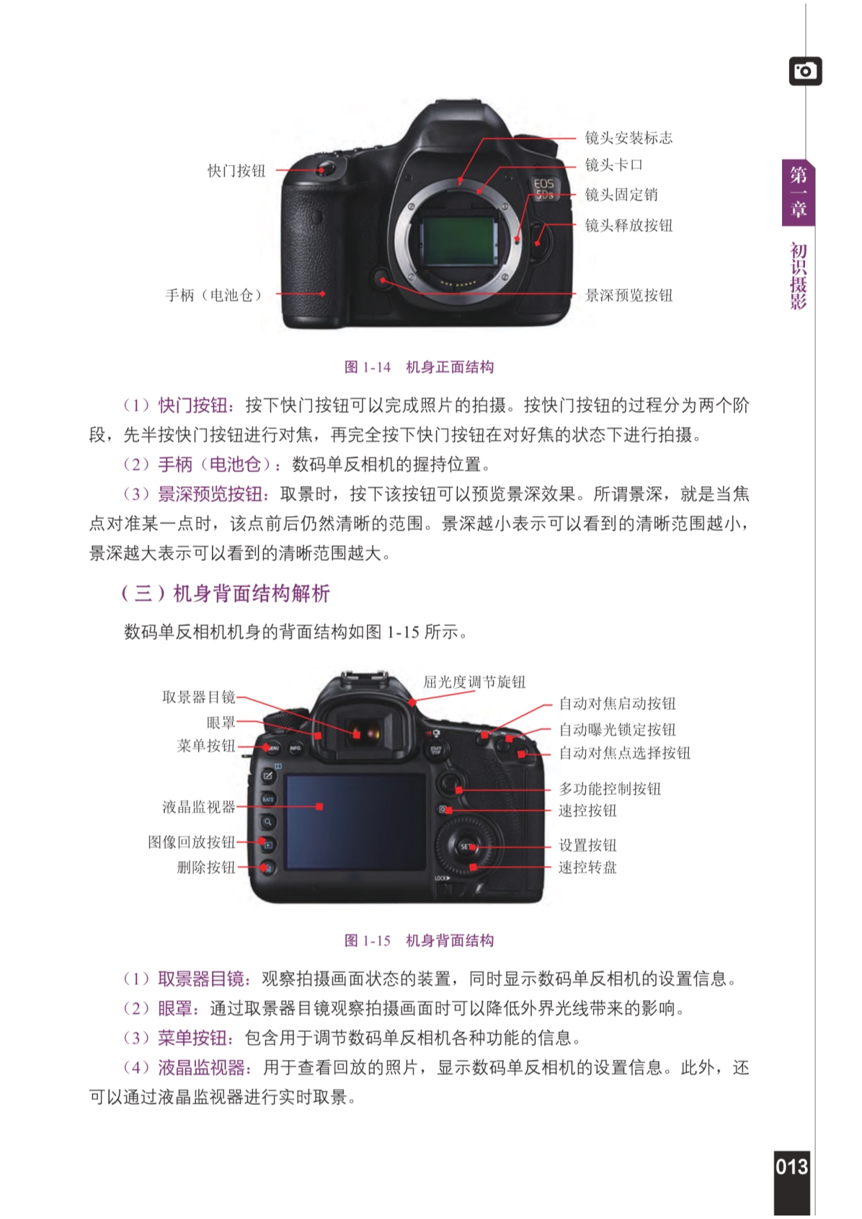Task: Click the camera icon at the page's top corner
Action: point(805,71)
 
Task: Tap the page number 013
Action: point(792,1166)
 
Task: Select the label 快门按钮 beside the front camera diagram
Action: point(236,171)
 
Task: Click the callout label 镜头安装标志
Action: point(628,138)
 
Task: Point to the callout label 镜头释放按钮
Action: point(628,225)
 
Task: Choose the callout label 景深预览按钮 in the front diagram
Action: point(628,295)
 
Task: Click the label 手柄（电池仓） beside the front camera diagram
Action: point(214,295)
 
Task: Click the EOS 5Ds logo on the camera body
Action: point(544,188)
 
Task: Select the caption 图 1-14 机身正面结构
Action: point(419,367)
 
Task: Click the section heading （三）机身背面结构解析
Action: point(225,593)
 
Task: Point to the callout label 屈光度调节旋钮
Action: point(475,682)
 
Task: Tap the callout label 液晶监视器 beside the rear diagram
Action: point(199,807)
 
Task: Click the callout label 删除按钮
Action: point(206,867)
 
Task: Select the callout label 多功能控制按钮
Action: point(610,789)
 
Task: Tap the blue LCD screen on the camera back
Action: point(355,821)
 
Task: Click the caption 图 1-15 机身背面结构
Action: point(419,941)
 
